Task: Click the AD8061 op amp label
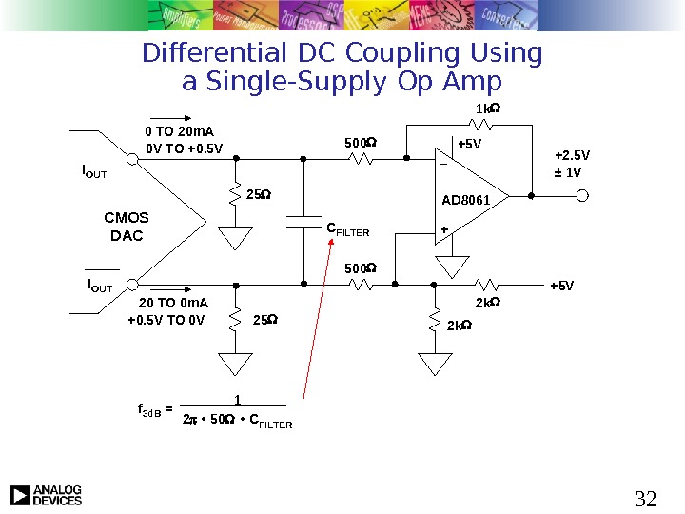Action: coord(465,200)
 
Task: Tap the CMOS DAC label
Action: coord(127,227)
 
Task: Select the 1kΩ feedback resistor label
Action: coord(488,109)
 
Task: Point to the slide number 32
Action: coord(645,498)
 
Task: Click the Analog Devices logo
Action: coord(46,495)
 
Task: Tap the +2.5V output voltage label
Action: coord(572,155)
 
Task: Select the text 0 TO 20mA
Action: coord(179,131)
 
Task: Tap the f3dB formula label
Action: coord(152,411)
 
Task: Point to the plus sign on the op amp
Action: coord(443,230)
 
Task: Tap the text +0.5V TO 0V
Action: coord(166,320)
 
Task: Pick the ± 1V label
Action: coord(568,172)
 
